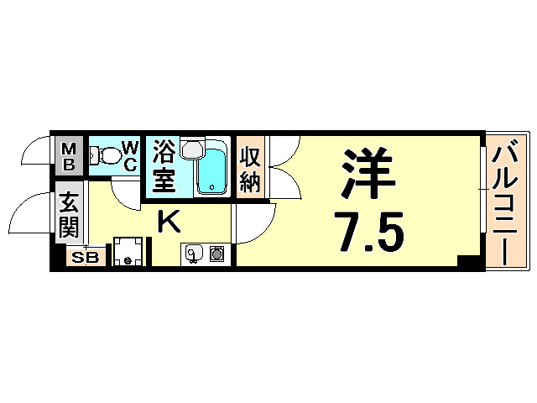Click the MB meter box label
[69, 156]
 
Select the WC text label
[130, 156]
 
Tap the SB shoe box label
[84, 258]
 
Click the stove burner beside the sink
[216, 253]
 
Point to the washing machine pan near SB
[128, 251]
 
